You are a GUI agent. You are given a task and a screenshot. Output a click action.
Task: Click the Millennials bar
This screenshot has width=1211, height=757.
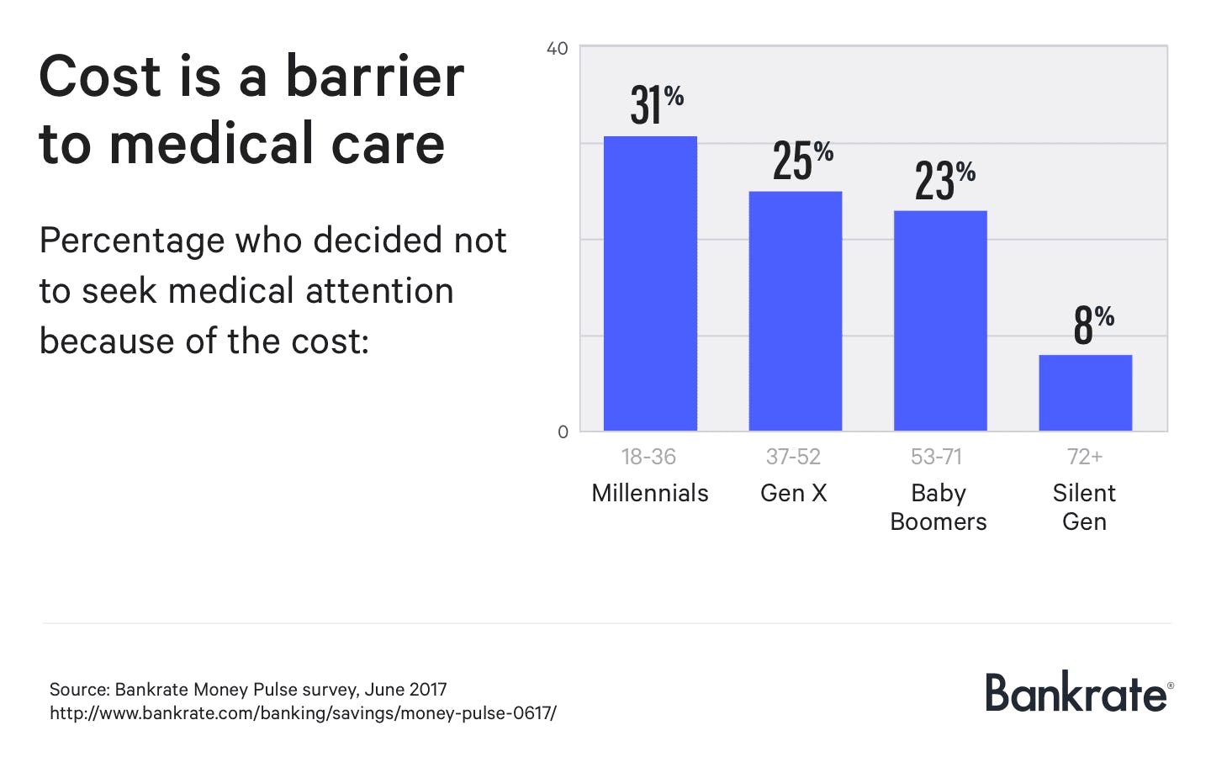[x=650, y=283]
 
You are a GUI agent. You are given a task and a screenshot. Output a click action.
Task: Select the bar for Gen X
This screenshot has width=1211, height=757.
[x=795, y=311]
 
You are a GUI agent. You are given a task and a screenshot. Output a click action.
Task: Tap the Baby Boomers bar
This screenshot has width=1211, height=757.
[x=939, y=320]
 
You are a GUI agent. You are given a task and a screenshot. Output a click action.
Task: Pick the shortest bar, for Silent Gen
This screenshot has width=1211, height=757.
[x=1085, y=393]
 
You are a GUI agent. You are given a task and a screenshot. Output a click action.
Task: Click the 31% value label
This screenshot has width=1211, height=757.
[x=656, y=104]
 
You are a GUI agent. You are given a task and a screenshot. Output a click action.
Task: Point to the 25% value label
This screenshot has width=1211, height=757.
[x=802, y=160]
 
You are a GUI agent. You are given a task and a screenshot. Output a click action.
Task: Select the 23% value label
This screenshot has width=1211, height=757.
[x=944, y=179]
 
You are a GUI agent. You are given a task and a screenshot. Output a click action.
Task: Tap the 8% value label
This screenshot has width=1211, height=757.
[x=1092, y=324]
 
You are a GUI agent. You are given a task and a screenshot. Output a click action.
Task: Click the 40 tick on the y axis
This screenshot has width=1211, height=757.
[x=557, y=49]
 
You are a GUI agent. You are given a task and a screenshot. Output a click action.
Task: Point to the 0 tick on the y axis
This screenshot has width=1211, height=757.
[x=563, y=432]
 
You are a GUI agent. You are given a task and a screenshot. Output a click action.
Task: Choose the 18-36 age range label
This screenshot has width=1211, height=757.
[x=648, y=457]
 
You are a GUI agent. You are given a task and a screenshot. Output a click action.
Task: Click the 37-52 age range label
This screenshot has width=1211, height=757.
[x=793, y=457]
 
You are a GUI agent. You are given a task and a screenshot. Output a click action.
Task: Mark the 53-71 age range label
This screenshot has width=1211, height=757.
[x=936, y=457]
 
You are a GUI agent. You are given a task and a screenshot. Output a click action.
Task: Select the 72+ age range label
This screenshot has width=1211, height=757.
[x=1084, y=457]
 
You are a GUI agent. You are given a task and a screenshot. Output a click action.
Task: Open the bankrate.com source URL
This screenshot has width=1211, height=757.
[x=303, y=713]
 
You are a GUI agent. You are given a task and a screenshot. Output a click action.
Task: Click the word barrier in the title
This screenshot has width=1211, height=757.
[x=374, y=77]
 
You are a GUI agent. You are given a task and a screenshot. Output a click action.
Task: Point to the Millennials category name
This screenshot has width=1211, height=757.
[x=650, y=493]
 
